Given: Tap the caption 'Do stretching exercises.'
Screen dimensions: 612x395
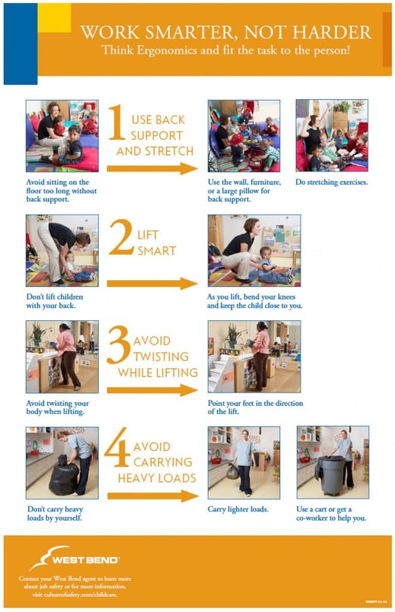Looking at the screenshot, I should [x=332, y=183].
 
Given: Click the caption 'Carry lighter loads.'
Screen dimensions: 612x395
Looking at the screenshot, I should [x=237, y=509].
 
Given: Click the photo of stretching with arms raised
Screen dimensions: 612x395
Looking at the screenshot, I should [x=332, y=135].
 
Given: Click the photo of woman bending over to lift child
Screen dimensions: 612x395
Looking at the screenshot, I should [x=61, y=250].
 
